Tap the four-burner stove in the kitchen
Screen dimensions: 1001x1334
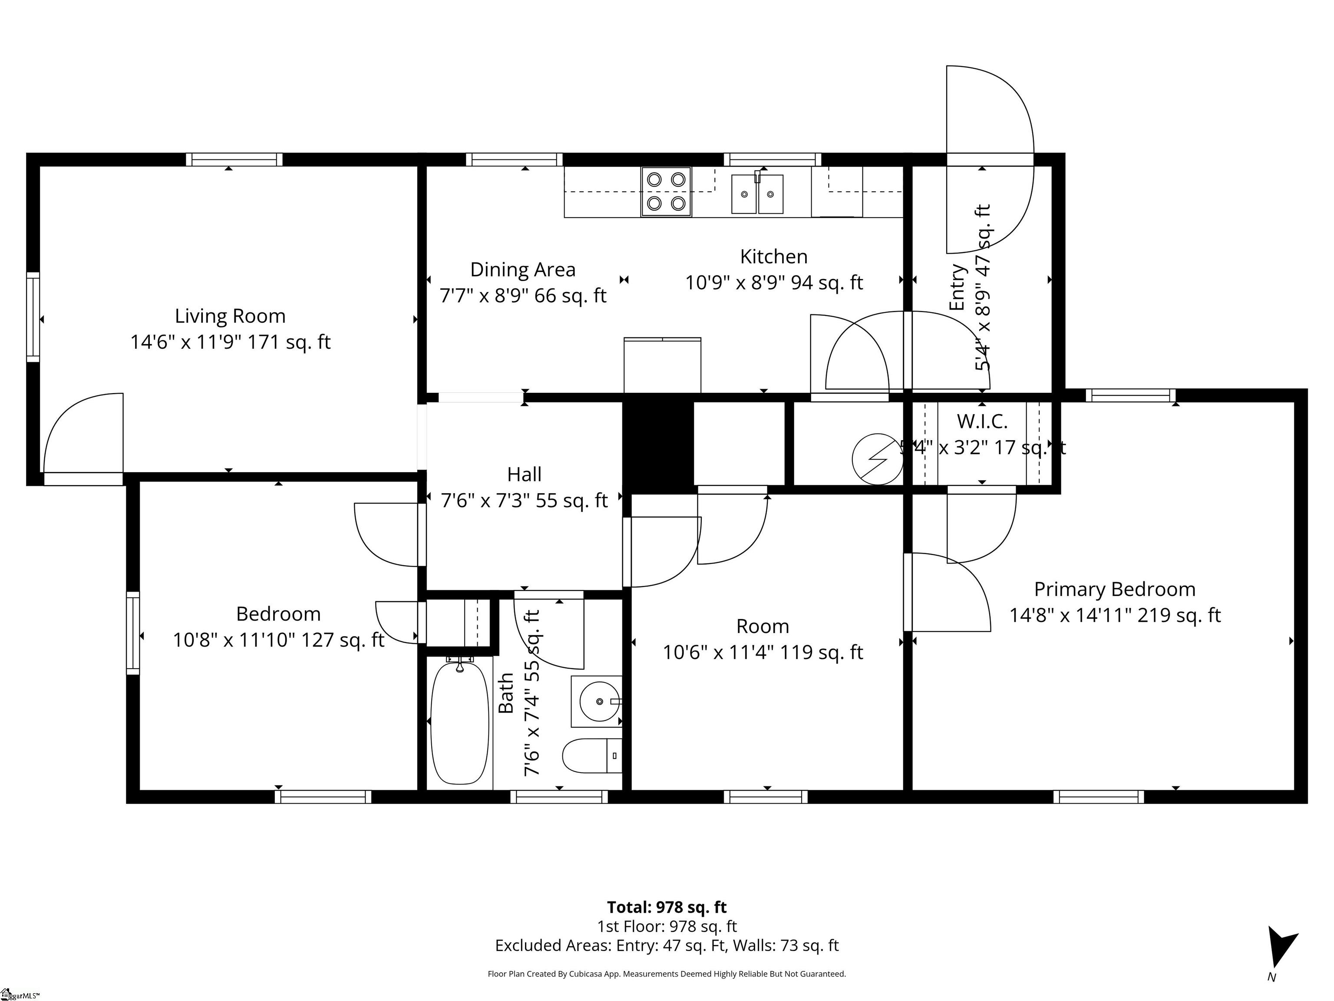pos(666,191)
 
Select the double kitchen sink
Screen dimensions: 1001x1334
pos(757,194)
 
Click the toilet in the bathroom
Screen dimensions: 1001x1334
pos(591,756)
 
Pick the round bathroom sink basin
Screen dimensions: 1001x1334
pos(599,701)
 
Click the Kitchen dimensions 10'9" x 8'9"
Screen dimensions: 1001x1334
pos(774,282)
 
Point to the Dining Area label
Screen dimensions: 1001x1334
pos(522,270)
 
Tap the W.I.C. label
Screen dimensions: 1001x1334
pos(982,421)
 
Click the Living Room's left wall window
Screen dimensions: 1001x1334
pos(33,317)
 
